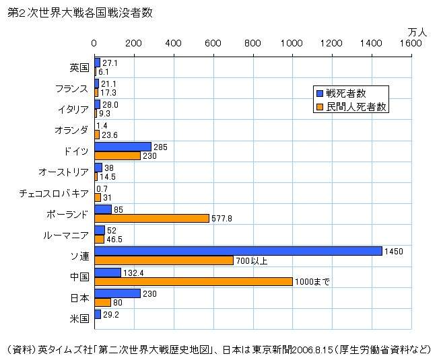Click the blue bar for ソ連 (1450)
click(x=238, y=251)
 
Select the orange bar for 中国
click(x=193, y=281)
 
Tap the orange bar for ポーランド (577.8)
click(x=151, y=218)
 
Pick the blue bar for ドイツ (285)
click(x=123, y=146)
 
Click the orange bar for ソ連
click(x=164, y=260)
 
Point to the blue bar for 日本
click(x=117, y=293)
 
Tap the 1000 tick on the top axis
click(x=292, y=44)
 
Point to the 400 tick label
click(x=174, y=44)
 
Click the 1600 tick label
click(x=410, y=44)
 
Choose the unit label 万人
click(x=417, y=31)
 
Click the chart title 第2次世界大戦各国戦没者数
click(x=79, y=13)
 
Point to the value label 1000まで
click(x=312, y=282)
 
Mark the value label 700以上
click(x=252, y=260)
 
